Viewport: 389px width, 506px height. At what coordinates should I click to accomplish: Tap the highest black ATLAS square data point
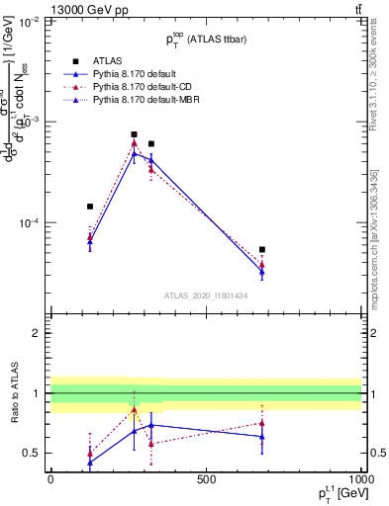click(135, 134)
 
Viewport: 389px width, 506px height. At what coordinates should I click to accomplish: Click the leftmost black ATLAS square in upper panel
click(90, 207)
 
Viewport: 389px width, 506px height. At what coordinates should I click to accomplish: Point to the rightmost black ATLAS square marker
click(262, 250)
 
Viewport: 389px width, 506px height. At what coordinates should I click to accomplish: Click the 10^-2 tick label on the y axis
click(30, 20)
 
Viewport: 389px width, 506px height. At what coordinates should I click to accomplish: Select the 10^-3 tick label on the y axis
click(30, 122)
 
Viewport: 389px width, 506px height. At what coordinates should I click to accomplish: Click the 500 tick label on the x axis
click(206, 479)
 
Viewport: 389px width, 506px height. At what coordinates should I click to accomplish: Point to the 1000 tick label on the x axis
click(360, 479)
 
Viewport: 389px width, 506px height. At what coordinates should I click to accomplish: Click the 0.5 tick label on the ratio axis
click(32, 453)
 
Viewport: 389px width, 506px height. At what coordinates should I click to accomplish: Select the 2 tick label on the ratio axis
click(36, 333)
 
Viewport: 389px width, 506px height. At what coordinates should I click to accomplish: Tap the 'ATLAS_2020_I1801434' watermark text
click(206, 295)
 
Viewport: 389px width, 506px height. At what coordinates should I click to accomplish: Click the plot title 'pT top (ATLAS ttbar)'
click(206, 41)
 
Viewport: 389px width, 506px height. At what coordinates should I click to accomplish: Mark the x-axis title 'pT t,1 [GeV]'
click(337, 494)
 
